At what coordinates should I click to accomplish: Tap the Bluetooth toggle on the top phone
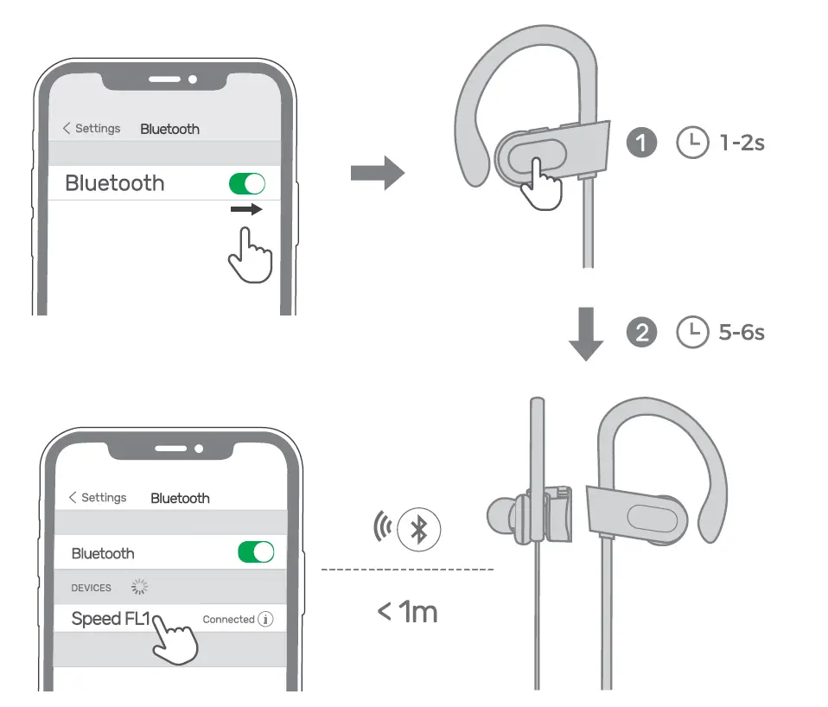point(246,183)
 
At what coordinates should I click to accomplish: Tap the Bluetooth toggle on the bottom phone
point(256,552)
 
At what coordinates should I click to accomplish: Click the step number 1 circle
point(641,143)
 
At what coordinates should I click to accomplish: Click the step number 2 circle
point(641,333)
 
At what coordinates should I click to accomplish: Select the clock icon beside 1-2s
point(691,143)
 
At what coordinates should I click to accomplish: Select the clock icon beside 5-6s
point(691,333)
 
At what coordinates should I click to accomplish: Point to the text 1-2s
point(742,143)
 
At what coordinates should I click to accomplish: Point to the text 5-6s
point(742,333)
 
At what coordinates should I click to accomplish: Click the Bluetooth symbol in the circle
point(419,529)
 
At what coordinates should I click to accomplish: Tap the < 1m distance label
point(407,612)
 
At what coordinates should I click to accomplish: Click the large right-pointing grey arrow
point(377,173)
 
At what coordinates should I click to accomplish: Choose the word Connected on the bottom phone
point(228,620)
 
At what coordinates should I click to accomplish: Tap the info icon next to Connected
point(266,620)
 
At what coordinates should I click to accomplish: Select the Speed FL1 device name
point(110,619)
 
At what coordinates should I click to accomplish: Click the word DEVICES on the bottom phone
point(91,588)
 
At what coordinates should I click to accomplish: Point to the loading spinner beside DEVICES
point(139,588)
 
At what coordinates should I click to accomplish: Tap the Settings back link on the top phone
point(92,128)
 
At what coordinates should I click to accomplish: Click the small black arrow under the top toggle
point(246,210)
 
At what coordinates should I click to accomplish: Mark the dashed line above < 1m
point(406,570)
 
